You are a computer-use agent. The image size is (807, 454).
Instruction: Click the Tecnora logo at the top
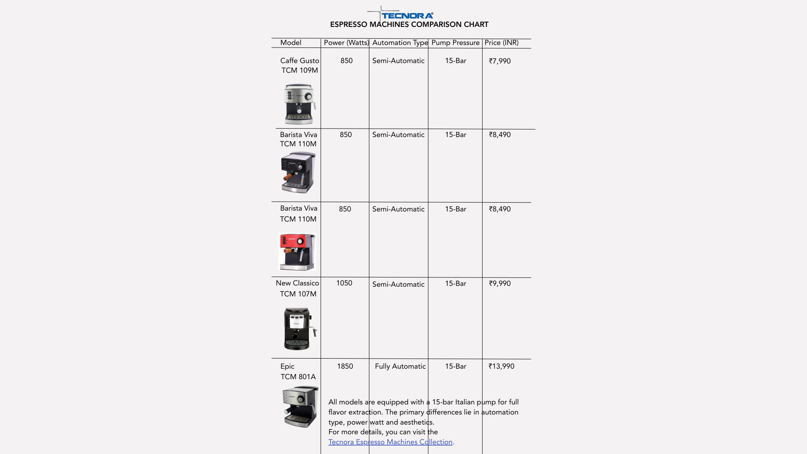click(406, 15)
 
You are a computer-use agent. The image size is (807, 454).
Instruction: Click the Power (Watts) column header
click(346, 43)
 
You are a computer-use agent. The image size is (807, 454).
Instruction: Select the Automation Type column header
click(400, 43)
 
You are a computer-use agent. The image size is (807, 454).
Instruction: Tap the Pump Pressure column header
click(455, 43)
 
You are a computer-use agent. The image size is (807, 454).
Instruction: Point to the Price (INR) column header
click(501, 43)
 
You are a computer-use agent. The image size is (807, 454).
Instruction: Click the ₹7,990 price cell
click(500, 61)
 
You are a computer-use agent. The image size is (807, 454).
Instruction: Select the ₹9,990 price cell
click(500, 284)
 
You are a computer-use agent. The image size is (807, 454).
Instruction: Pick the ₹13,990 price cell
click(501, 367)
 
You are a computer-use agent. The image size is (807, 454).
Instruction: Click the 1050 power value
click(344, 283)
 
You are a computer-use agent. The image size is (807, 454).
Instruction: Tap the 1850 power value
click(345, 367)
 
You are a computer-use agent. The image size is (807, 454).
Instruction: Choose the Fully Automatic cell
click(400, 367)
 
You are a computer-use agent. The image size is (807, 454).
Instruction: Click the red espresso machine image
click(297, 252)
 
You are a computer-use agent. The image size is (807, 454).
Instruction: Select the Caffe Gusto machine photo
click(299, 104)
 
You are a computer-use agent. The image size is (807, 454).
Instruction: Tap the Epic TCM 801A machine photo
click(300, 407)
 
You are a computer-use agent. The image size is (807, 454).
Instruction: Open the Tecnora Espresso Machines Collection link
click(390, 442)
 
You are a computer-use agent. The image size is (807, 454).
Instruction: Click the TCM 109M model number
click(300, 71)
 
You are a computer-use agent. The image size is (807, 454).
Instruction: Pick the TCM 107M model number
click(298, 294)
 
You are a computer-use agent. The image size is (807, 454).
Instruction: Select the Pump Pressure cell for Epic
click(456, 367)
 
